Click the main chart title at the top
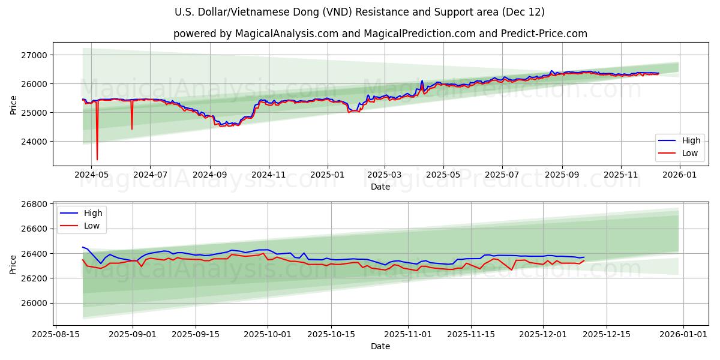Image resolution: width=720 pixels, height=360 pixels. coord(360,12)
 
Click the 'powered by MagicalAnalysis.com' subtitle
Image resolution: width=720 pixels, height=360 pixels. coord(380,34)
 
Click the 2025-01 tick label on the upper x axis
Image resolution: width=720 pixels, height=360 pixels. coord(327,174)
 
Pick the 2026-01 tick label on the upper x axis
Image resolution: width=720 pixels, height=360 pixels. coord(680,174)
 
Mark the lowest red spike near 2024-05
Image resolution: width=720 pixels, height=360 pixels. coord(97,159)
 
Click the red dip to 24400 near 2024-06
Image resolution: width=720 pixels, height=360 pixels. coord(132,128)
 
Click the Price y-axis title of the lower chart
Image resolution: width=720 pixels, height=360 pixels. coord(13,264)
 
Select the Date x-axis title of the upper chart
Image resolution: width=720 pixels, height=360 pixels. coord(380,187)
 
